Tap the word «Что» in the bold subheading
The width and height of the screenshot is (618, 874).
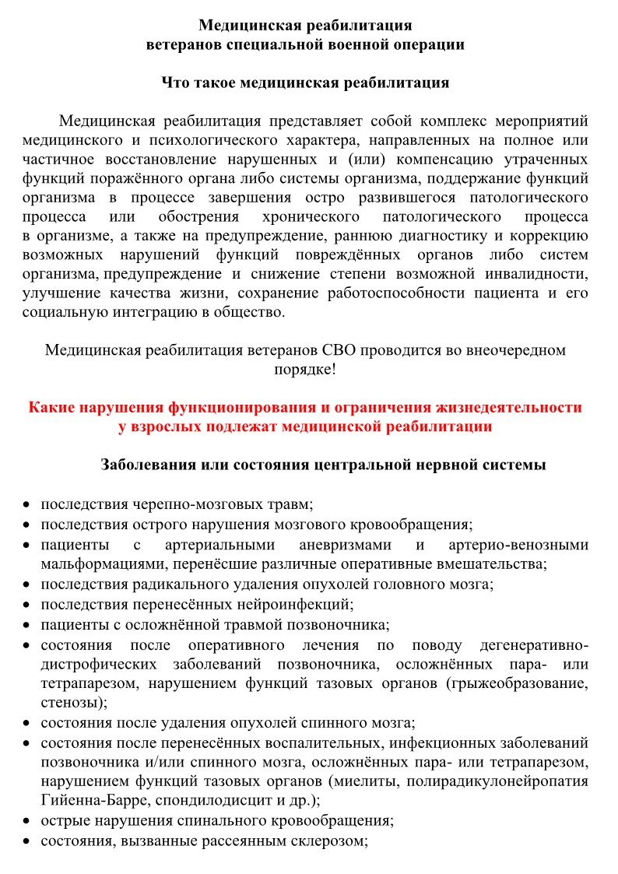point(176,82)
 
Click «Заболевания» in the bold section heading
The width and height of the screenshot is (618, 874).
point(146,465)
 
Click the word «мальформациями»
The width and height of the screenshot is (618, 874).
point(100,563)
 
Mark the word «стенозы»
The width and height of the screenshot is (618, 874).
point(69,703)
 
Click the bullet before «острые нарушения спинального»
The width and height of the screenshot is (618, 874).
point(26,821)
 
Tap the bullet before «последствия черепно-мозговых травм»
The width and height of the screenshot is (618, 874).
point(26,506)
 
